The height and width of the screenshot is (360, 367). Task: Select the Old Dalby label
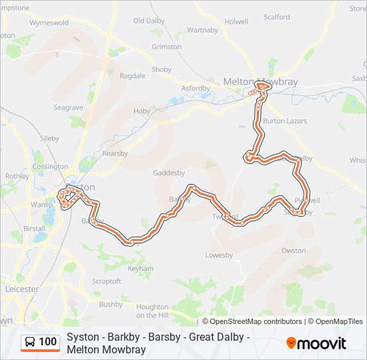[149, 21]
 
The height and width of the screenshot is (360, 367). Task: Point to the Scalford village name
[277, 17]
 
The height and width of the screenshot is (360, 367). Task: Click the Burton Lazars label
[284, 121]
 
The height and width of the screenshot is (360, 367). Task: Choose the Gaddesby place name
[168, 172]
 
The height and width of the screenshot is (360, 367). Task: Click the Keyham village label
[140, 269]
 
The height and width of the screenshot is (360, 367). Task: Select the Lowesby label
[218, 255]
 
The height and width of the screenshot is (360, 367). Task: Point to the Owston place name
[294, 251]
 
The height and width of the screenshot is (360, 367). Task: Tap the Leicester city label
[21, 289]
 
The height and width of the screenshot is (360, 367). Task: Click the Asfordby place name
[196, 88]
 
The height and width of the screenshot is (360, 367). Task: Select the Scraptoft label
[106, 281]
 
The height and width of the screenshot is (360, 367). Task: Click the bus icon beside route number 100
[30, 342]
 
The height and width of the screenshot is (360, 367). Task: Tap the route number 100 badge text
[47, 342]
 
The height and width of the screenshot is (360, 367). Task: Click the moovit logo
[316, 343]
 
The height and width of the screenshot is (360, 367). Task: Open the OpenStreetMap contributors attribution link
[256, 321]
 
